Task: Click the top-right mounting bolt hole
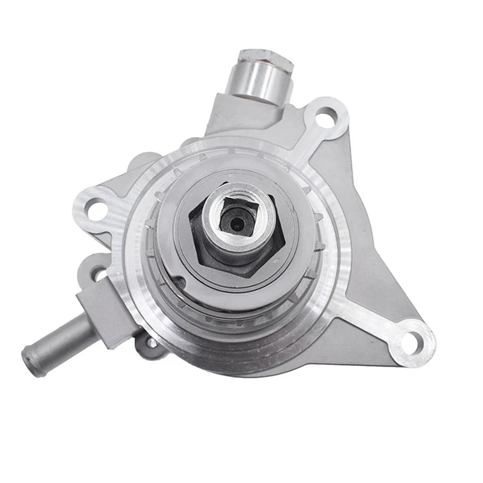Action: click(327, 116)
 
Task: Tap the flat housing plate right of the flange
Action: click(374, 241)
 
